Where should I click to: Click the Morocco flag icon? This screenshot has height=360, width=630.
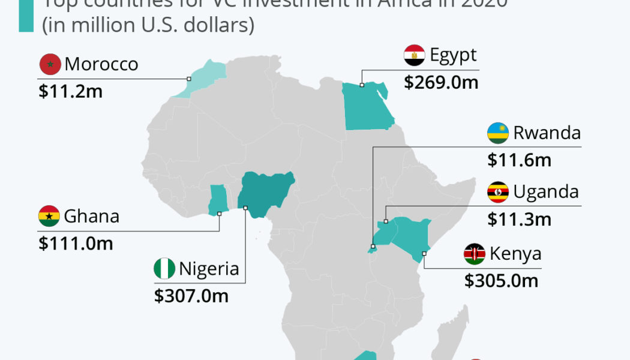50,64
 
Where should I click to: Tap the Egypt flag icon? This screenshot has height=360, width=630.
415,55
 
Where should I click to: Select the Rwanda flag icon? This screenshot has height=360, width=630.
498,133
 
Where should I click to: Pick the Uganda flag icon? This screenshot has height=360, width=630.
498,192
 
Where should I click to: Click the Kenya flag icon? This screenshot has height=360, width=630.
475,254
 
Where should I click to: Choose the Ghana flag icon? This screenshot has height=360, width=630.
49,216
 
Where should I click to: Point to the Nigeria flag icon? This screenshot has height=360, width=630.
164,269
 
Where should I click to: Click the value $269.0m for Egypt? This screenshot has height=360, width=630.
441,82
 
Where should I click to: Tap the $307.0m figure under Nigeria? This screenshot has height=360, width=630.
191,296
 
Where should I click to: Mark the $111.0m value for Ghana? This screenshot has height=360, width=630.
76,243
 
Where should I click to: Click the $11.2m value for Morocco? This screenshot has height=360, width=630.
70,91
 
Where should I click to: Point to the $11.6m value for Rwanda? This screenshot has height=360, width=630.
519,160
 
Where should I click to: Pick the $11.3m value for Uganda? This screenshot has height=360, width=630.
519,220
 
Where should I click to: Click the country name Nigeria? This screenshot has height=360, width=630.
209,269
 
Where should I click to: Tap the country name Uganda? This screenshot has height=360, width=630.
546,192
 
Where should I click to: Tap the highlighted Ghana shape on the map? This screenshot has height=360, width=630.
217,200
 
